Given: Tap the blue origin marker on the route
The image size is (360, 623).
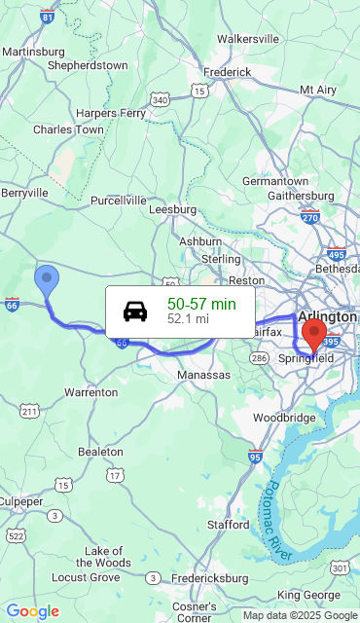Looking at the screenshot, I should (x=46, y=279).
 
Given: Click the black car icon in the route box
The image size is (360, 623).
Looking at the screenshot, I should (x=135, y=311).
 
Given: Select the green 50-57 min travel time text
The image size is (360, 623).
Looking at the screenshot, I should (x=201, y=304).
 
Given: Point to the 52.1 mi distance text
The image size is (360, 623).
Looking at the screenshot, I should (x=188, y=318).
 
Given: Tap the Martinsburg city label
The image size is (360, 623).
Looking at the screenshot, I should (x=33, y=51).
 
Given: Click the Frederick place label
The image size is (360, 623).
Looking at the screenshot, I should (x=228, y=72).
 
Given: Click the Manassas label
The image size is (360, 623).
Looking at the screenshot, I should (x=204, y=375).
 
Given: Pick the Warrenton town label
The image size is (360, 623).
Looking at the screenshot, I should (x=90, y=392).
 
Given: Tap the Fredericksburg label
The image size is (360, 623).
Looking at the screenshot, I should (x=210, y=577).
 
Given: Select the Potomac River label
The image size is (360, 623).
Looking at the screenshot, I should (x=279, y=521).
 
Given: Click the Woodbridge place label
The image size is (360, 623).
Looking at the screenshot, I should (x=284, y=418).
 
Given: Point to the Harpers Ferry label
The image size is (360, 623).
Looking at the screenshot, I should (x=111, y=113).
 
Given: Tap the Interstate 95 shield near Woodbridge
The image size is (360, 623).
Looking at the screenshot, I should (x=255, y=455).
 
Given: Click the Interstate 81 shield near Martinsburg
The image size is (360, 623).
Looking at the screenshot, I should (x=48, y=17).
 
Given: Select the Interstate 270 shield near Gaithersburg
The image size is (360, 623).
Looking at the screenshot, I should (x=310, y=215).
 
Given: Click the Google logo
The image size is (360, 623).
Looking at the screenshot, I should (x=32, y=611).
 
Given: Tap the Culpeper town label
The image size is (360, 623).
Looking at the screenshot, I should (x=19, y=500).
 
